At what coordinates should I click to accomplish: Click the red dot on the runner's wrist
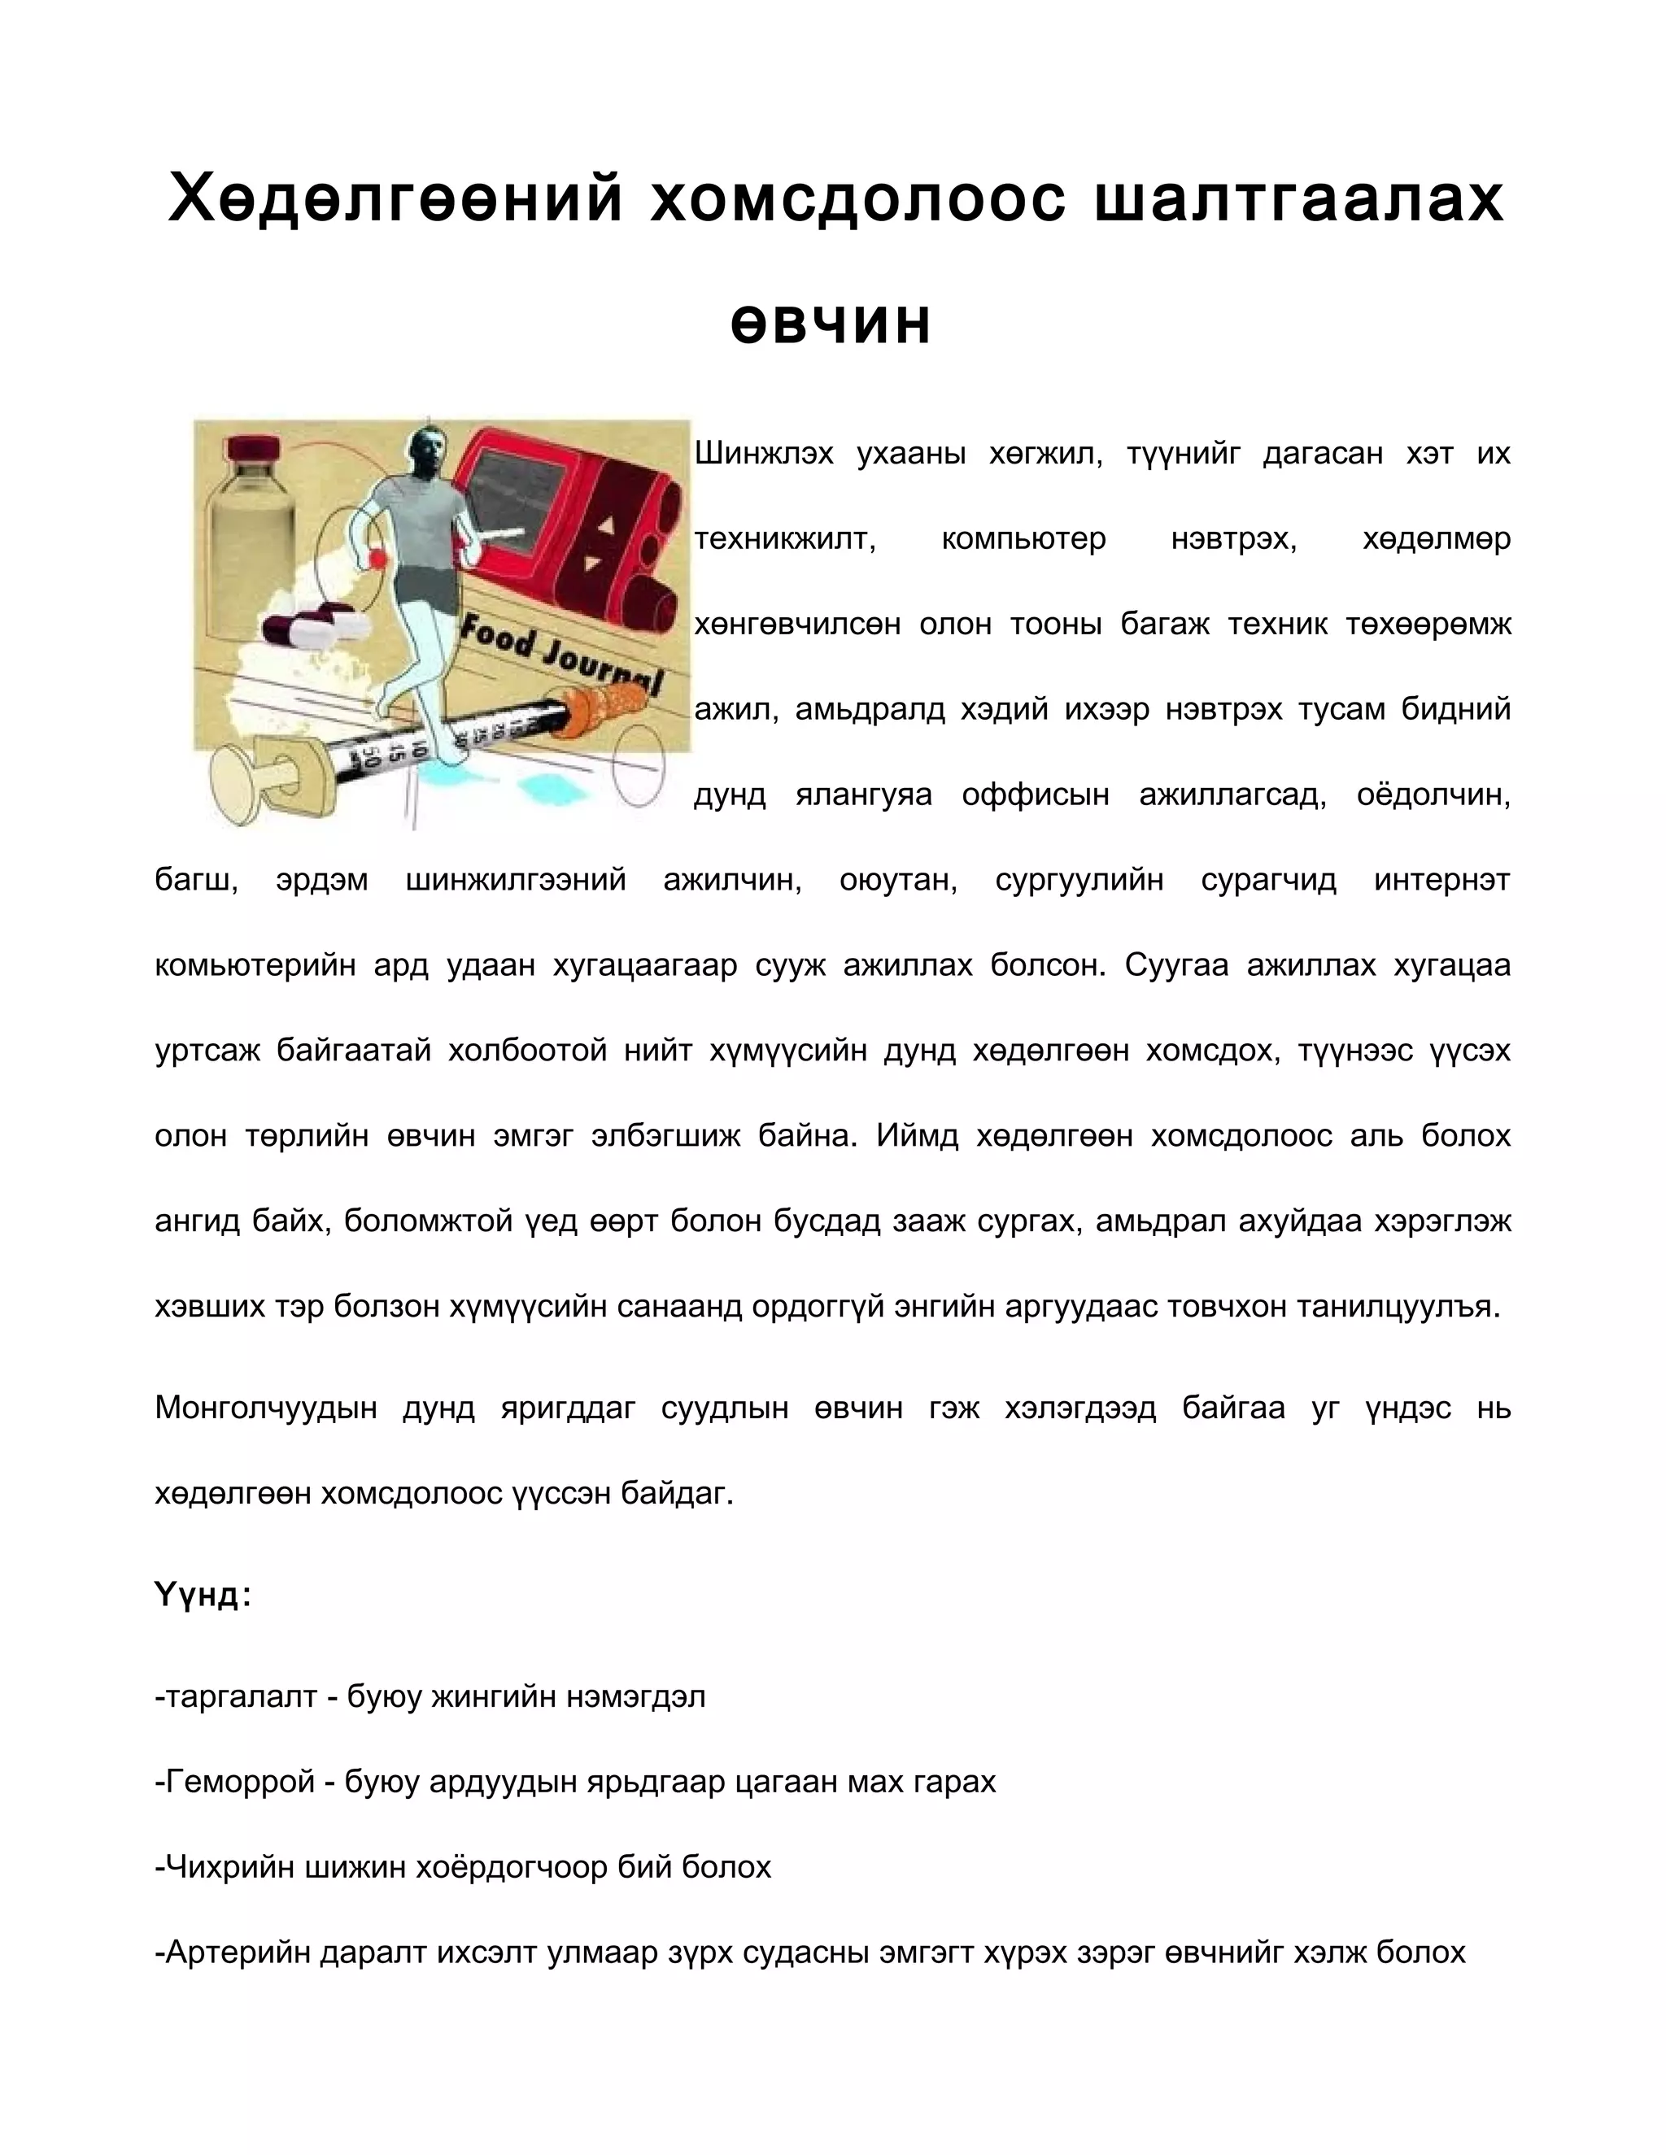pyautogui.click(x=376, y=559)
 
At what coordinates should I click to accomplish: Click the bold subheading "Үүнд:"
pyautogui.click(x=203, y=1595)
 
